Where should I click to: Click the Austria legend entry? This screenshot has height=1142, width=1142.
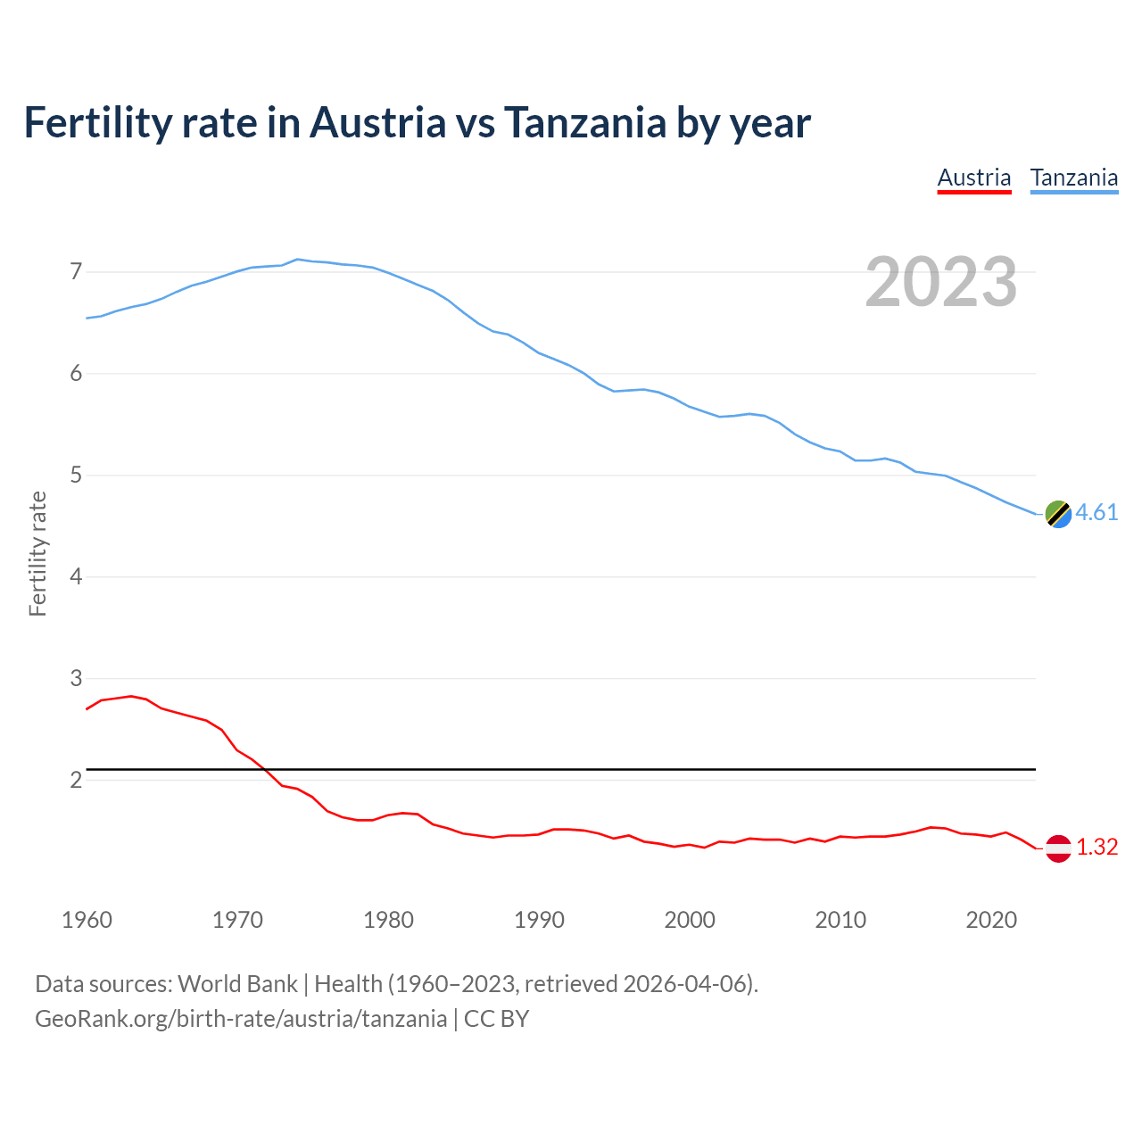tap(973, 178)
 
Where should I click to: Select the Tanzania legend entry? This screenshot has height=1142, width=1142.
tap(1073, 178)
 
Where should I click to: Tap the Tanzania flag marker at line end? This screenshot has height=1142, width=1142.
tap(1058, 514)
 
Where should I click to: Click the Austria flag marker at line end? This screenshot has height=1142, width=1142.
tap(1058, 848)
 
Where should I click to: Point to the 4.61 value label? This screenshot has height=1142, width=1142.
tap(1096, 512)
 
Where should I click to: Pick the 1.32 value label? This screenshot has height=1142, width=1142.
tap(1096, 847)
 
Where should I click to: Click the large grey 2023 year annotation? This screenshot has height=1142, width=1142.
tap(941, 282)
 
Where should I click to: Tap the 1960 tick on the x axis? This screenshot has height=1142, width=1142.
tap(87, 920)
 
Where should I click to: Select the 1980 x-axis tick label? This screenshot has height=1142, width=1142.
tap(388, 920)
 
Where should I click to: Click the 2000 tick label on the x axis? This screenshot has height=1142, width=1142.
tap(690, 920)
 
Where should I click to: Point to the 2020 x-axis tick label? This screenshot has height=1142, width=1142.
tap(991, 920)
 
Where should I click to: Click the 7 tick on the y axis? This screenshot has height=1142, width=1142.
tap(76, 271)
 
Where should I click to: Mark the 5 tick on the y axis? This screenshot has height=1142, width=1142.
tap(76, 475)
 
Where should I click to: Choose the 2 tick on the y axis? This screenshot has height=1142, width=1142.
tap(76, 780)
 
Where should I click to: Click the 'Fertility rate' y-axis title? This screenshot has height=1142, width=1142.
tap(37, 553)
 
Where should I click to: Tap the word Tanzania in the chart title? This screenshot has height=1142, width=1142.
tap(584, 122)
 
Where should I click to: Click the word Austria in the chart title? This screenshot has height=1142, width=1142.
tap(377, 122)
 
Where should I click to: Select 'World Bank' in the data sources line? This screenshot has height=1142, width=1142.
tap(237, 984)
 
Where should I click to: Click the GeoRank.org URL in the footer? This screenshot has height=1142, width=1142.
tap(241, 1019)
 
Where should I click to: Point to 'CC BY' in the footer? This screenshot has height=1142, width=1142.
tap(497, 1019)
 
